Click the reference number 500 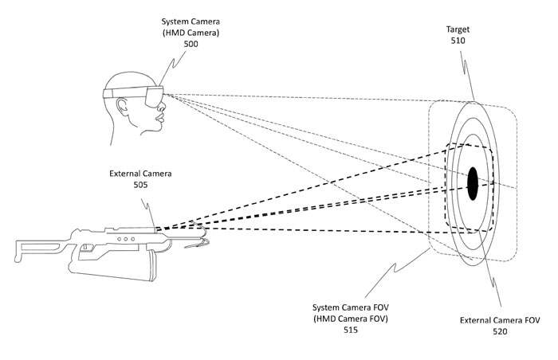pos(191,44)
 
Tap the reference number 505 pos(140,185)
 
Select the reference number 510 pos(458,41)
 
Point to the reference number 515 pos(351,330)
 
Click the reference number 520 pos(500,331)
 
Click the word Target pos(458,29)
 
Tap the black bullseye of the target pos(472,183)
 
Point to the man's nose pos(163,105)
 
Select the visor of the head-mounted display pos(154,96)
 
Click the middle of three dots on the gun pos(126,239)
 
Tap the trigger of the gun pos(86,247)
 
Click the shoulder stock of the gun pos(39,250)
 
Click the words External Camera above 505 pos(140,174)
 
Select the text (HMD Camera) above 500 pos(191,33)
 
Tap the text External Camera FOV pos(500,320)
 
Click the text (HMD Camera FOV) pos(351,319)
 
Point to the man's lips pos(161,117)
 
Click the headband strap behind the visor pos(124,92)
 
